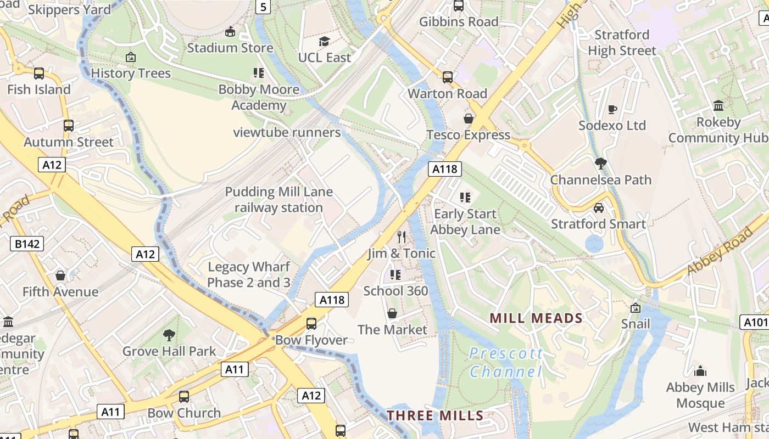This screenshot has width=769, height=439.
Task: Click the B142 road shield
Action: tap(27, 244)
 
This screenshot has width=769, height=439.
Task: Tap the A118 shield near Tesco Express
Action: tap(445, 169)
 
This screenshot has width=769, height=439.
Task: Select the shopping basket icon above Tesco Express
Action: tap(469, 119)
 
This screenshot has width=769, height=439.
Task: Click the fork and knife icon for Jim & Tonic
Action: tap(402, 237)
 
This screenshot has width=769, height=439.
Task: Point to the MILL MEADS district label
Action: tap(536, 318)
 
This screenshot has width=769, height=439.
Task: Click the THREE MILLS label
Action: tap(435, 415)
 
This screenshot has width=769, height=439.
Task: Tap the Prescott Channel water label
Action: tap(506, 362)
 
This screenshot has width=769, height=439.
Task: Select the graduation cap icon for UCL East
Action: tap(324, 42)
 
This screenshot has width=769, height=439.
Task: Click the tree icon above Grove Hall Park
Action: tap(169, 335)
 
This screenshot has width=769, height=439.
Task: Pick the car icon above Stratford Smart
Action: tap(599, 208)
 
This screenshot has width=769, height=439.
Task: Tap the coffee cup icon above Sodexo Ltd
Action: tap(612, 109)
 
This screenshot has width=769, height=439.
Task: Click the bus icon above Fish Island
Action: tap(39, 74)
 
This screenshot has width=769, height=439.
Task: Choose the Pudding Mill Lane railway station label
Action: tap(279, 200)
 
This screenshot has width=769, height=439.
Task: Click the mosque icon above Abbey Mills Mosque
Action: tap(700, 372)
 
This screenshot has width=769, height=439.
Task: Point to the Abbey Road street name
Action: tap(720, 251)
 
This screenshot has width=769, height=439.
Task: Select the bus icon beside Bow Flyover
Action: tap(311, 324)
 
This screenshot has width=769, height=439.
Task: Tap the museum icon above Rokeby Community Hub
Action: tap(718, 105)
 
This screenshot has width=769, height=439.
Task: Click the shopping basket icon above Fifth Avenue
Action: tap(60, 275)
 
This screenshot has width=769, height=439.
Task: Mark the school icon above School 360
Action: tap(395, 274)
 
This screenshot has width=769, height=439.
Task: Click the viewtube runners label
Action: tap(287, 132)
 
